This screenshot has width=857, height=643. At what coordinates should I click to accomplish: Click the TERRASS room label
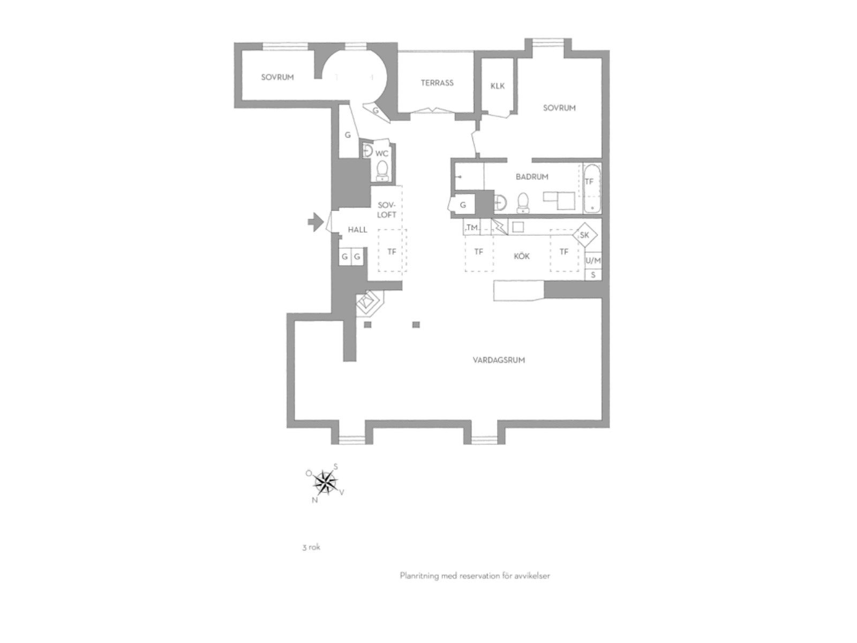point(437,83)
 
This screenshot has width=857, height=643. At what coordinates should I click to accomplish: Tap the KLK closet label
point(498,86)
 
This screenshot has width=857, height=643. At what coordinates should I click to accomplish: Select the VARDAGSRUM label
point(499,360)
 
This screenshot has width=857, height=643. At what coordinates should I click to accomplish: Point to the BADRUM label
point(532,177)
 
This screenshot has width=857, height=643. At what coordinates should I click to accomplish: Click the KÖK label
point(522,256)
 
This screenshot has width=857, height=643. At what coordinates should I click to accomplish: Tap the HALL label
point(357,229)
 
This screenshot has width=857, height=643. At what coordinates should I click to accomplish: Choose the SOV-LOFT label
point(387,210)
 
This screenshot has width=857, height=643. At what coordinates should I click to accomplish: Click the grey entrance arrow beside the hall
point(316,222)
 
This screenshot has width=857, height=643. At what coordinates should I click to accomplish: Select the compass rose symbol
point(326,483)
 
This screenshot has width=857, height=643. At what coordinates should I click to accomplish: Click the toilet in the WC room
point(382,171)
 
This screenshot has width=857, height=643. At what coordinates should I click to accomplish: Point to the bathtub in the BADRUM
point(591,189)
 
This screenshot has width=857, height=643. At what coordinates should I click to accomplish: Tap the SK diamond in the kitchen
point(585,235)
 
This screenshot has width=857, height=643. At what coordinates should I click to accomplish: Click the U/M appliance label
point(593,260)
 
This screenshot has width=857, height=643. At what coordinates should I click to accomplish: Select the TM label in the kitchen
point(472,227)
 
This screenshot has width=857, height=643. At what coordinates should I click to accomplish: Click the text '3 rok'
point(311,547)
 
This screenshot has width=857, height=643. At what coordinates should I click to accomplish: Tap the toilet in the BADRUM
point(523,203)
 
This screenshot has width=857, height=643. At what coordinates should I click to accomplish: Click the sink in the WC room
point(367,151)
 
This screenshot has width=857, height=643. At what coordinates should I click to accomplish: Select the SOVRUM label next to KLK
point(559,108)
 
